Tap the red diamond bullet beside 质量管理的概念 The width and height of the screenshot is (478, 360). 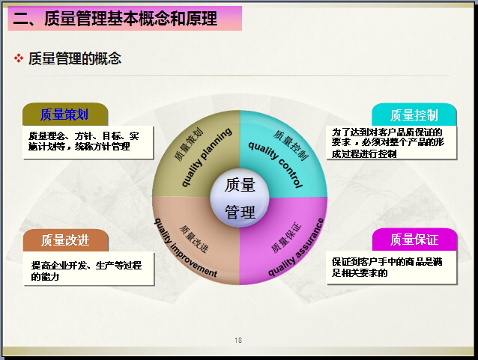[x=19, y=58]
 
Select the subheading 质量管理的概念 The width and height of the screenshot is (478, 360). [x=75, y=58]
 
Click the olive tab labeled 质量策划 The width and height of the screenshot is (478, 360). [x=65, y=115]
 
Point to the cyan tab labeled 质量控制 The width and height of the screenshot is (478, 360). [x=414, y=115]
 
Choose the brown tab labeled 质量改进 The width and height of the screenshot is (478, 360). [x=65, y=240]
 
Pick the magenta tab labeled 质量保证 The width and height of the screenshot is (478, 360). [x=414, y=240]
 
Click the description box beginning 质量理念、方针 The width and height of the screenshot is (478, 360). [x=88, y=142]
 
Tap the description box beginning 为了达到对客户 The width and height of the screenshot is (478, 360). [x=391, y=142]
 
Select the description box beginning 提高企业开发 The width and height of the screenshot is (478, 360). [x=88, y=269]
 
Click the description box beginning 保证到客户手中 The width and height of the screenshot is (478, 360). [x=391, y=268]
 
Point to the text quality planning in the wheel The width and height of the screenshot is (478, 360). [x=207, y=156]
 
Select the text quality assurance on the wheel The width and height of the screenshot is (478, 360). [x=296, y=247]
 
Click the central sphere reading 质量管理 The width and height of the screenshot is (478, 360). [x=240, y=198]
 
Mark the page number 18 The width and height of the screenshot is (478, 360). [x=238, y=341]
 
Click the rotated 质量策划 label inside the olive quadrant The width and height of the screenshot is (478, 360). [x=189, y=144]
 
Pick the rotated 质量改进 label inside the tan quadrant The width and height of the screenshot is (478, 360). [x=193, y=239]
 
